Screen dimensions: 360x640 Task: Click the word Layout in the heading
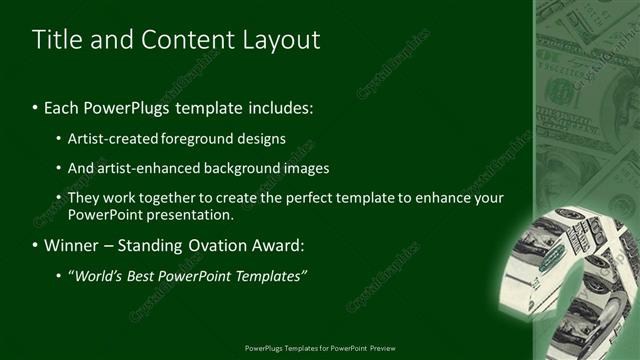tap(284, 40)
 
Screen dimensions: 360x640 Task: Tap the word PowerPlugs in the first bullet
tap(118, 106)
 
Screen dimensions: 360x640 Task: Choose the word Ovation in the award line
tap(206, 245)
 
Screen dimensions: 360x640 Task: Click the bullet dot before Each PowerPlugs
tap(35, 106)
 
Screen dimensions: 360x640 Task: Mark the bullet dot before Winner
tap(35, 245)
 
